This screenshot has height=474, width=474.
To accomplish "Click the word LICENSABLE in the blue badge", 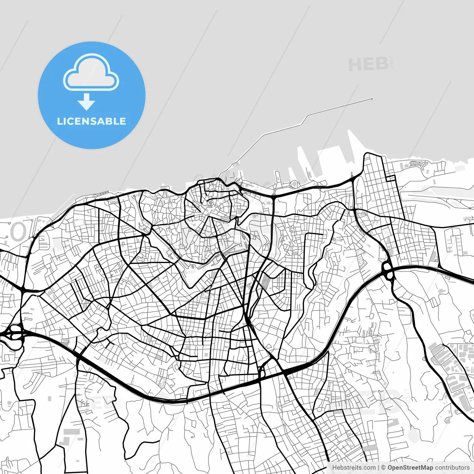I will pyautogui.click(x=91, y=121).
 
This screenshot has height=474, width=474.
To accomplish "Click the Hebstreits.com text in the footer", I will pyautogui.click(x=354, y=468).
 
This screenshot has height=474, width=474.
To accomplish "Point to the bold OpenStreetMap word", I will pyautogui.click(x=410, y=468).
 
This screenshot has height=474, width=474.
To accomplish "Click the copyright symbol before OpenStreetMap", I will pyautogui.click(x=383, y=468).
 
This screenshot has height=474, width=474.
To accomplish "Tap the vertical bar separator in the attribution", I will pyautogui.click(x=378, y=468).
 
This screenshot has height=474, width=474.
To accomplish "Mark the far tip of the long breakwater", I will pyautogui.click(x=372, y=99).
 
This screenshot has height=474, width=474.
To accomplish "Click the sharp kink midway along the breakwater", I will pyautogui.click(x=305, y=119).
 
